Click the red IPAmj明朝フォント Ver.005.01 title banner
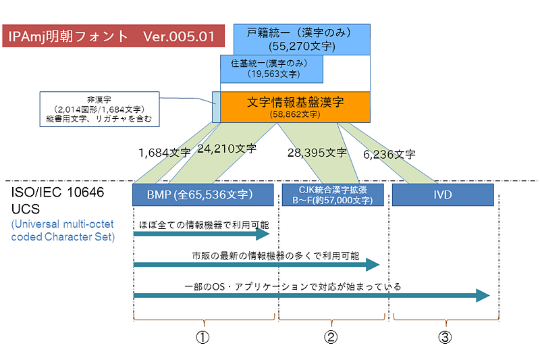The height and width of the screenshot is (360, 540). click(x=113, y=36)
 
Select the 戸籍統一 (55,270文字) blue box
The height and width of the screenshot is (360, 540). click(x=302, y=39)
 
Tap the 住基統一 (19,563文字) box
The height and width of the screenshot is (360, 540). click(x=271, y=69)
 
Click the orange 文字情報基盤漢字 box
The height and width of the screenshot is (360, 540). click(x=295, y=107)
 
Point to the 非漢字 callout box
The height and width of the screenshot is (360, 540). click(x=99, y=109)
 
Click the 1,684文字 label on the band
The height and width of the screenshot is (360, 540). click(x=164, y=153)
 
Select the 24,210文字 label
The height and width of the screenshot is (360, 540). click(x=227, y=149)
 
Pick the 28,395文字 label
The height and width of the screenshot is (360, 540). click(x=317, y=153)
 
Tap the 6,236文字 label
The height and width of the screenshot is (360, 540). click(x=389, y=155)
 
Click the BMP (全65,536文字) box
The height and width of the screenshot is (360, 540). click(x=203, y=195)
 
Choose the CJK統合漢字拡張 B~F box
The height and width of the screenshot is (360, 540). click(x=333, y=195)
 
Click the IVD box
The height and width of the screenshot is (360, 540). click(x=443, y=195)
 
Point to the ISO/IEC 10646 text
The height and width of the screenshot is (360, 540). click(x=57, y=192)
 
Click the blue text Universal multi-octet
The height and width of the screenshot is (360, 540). click(x=62, y=224)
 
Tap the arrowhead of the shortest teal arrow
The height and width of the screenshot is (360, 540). click(x=263, y=234)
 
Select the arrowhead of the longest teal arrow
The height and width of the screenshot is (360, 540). click(x=483, y=295)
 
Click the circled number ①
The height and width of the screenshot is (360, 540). click(x=202, y=337)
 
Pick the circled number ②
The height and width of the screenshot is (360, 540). click(x=331, y=337)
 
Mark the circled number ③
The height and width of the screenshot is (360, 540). click(x=445, y=337)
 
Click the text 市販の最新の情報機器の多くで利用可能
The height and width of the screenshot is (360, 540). click(x=275, y=255)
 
